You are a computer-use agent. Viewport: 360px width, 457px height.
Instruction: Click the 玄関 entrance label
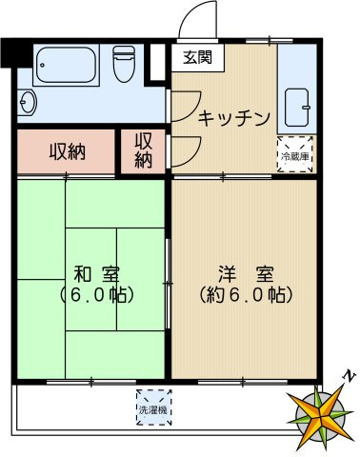click(x=199, y=56)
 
